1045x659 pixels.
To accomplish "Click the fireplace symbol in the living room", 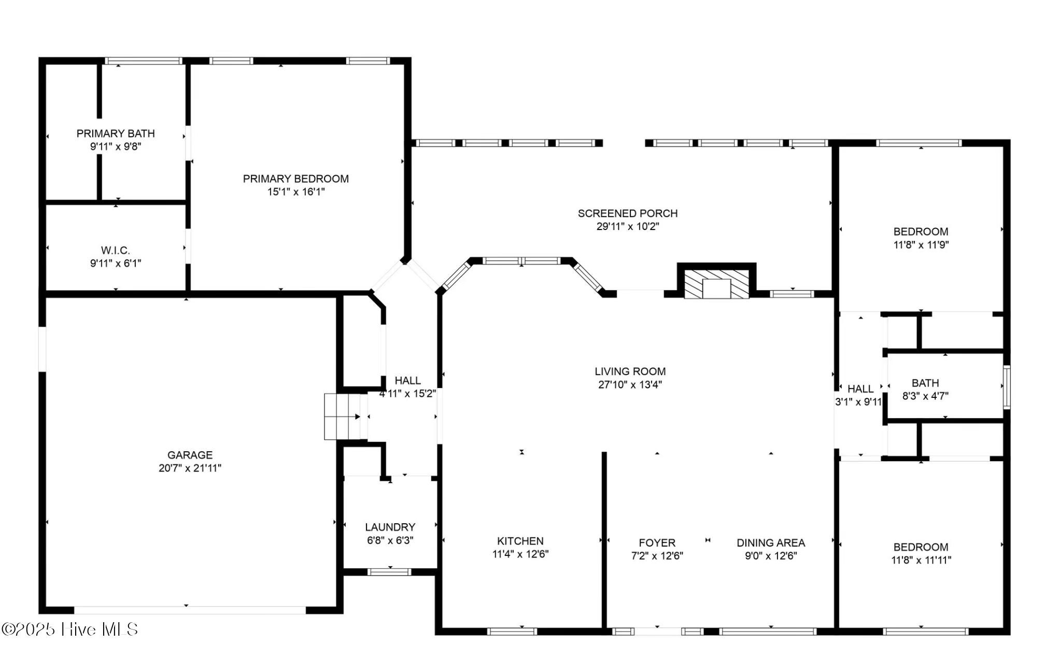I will point(716,284).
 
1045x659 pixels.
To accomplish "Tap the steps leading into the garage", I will point(342,417).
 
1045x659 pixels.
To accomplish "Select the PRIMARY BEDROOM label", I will point(295,179).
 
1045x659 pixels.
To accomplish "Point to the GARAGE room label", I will point(190,455).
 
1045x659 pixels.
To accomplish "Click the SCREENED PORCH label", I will point(627,213).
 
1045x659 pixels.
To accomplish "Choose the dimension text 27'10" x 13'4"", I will point(630,384).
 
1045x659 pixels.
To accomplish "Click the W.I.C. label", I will point(115,250).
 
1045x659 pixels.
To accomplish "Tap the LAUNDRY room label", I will point(390,527).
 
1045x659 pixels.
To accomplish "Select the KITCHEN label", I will point(520,541).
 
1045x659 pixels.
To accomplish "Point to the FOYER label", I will point(657,542).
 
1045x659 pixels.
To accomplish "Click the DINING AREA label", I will point(770,542).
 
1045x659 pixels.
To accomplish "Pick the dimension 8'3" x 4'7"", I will point(925,396).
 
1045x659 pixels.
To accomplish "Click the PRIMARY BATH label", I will point(116,133).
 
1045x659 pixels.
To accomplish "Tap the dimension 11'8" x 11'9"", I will point(921,245).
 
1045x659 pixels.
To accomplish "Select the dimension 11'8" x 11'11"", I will point(921,560).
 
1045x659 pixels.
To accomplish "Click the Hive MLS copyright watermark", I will point(69,629).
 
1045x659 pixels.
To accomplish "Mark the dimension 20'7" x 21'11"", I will point(190,468).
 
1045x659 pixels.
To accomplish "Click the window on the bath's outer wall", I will point(1006,386).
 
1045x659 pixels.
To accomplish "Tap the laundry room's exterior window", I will point(389,572).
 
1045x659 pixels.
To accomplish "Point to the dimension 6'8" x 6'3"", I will point(390,540).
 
